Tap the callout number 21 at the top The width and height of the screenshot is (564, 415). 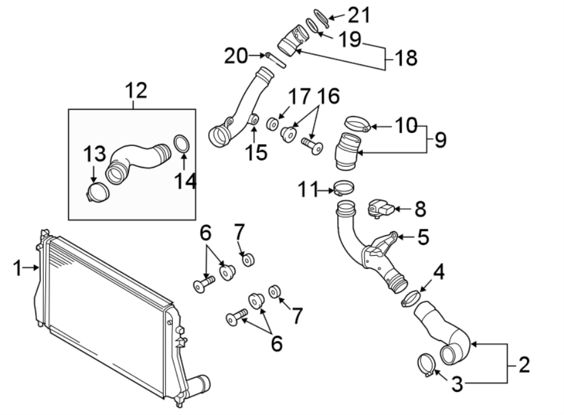click(x=359, y=14)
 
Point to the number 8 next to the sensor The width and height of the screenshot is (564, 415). click(x=420, y=209)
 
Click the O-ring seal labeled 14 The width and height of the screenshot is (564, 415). click(x=182, y=144)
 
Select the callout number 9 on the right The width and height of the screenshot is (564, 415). click(x=440, y=139)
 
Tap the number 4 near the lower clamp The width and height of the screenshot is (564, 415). click(x=440, y=272)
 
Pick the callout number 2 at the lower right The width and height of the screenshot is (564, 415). click(x=523, y=363)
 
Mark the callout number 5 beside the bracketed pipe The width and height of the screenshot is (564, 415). click(x=423, y=237)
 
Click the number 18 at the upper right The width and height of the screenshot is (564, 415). click(x=405, y=59)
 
